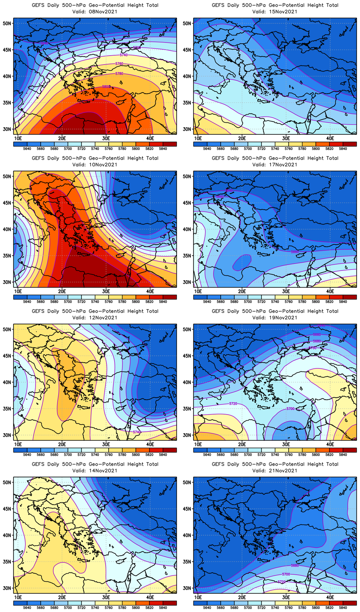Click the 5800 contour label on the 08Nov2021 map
106,87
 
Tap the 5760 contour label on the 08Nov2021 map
119,64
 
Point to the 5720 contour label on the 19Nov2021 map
233,404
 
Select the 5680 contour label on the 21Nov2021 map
295,566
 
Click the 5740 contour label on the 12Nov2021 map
137,432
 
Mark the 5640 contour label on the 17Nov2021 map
229,191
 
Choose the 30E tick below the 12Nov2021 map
106,444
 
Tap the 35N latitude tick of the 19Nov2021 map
187,409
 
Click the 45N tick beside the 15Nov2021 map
187,50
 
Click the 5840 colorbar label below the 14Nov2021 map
163,608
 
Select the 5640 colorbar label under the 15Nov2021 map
207,149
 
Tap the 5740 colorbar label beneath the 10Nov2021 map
95,302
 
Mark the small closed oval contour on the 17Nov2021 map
242,262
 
